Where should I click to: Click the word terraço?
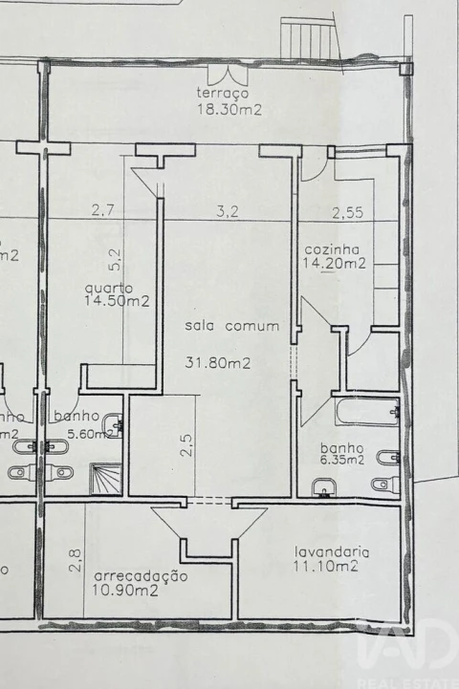coord(223,94)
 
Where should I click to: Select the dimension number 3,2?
coord(227,212)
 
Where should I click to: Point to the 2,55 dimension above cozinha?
coord(348,212)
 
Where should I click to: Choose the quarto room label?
coord(108,287)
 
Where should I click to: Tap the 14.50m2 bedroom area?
coord(117,301)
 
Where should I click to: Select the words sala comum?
coord(232,326)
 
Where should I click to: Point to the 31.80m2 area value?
coord(218,362)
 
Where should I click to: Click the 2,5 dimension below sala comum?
coord(187,447)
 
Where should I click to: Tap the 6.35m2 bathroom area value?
coord(342,460)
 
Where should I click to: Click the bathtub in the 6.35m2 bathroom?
coord(365,411)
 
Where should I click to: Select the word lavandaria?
coord(332,551)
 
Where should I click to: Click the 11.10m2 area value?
coord(326,567)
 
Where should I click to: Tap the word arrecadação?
coord(140,576)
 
